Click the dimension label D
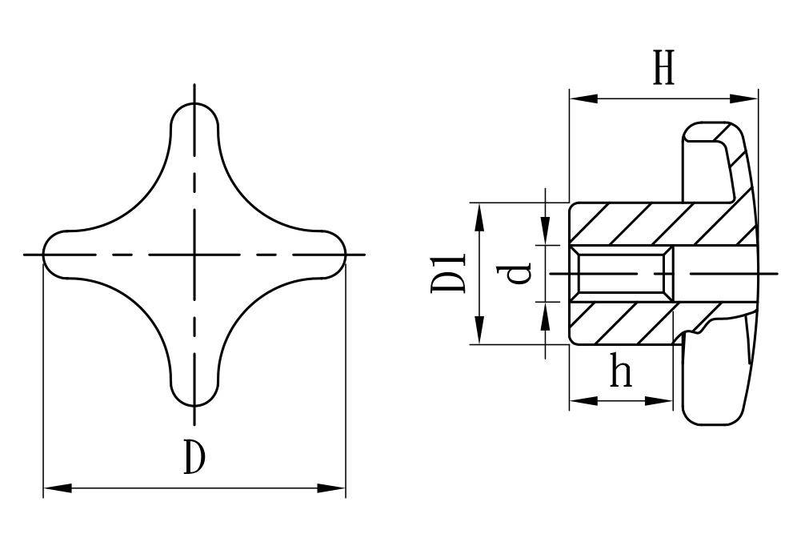pyautogui.click(x=195, y=457)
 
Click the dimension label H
pyautogui.click(x=664, y=67)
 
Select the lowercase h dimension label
pyautogui.click(x=621, y=370)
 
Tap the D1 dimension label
pyautogui.click(x=447, y=273)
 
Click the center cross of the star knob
pyautogui.click(x=194, y=255)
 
